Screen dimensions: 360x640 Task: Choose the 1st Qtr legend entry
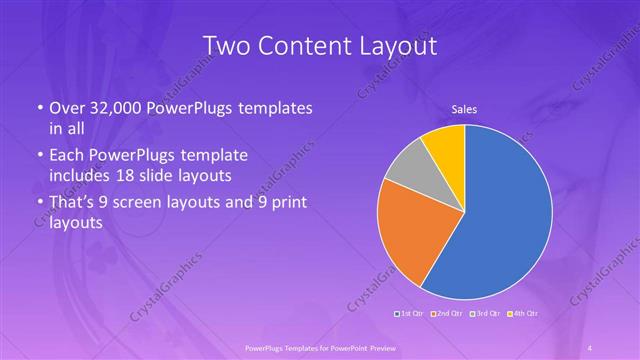[x=411, y=314]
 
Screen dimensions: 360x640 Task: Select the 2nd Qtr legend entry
[x=447, y=314]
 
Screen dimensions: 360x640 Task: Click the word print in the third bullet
[x=286, y=203]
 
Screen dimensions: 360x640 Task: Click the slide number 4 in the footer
[x=591, y=347]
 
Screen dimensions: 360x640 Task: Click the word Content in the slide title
[x=305, y=46]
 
